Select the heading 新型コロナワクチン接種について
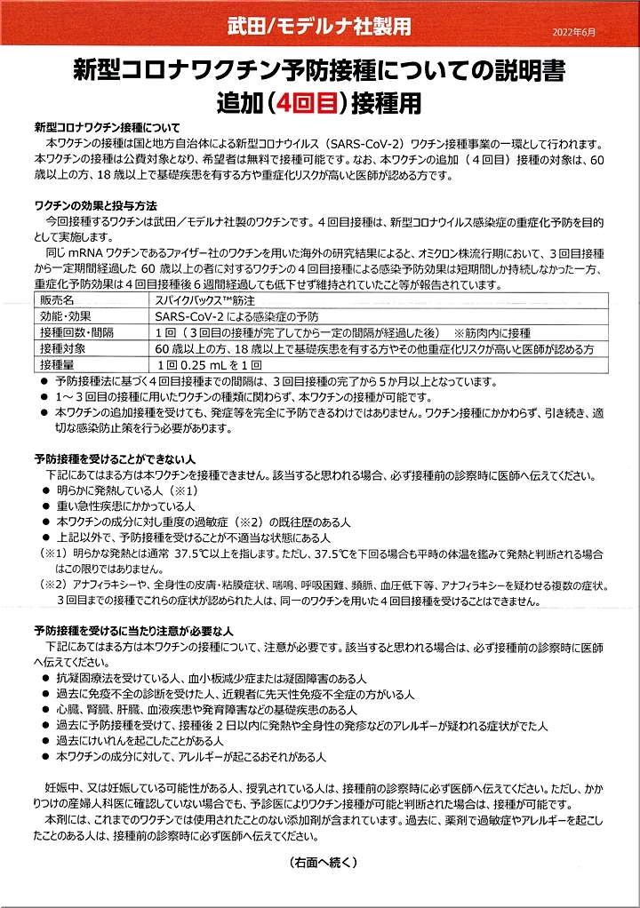pos(107,128)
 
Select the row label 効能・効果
pos(68,316)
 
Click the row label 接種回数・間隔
pos(79,332)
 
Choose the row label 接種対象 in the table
pos(63,348)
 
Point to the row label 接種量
pos(59,364)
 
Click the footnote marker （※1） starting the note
pos(51,554)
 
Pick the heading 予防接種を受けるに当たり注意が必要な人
pos(133,630)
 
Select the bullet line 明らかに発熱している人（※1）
pos(125,490)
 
